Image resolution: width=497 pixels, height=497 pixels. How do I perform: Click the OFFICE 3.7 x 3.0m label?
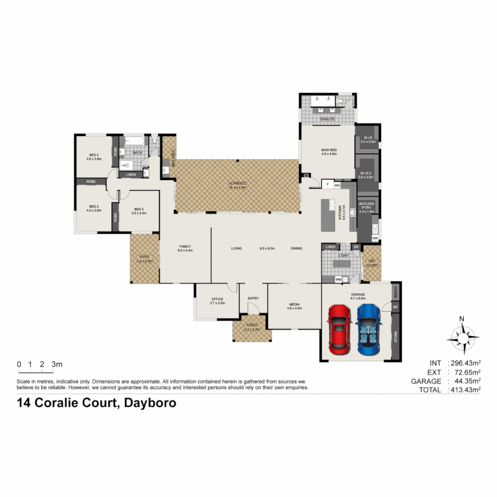[x=217, y=301]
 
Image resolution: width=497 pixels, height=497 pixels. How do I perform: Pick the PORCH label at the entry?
[x=253, y=327]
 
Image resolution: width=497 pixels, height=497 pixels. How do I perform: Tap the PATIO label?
[x=144, y=259]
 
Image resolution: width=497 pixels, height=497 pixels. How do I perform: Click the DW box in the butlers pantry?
[x=375, y=238]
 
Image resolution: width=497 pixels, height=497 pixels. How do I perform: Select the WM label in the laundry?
[x=338, y=279]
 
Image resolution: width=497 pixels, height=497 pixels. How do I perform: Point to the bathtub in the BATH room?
[x=136, y=141]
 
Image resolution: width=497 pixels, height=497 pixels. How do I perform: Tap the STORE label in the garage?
[x=395, y=337]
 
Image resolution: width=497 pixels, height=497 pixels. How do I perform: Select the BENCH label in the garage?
[x=395, y=291]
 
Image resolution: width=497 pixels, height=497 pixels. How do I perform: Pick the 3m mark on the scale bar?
[x=57, y=364]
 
